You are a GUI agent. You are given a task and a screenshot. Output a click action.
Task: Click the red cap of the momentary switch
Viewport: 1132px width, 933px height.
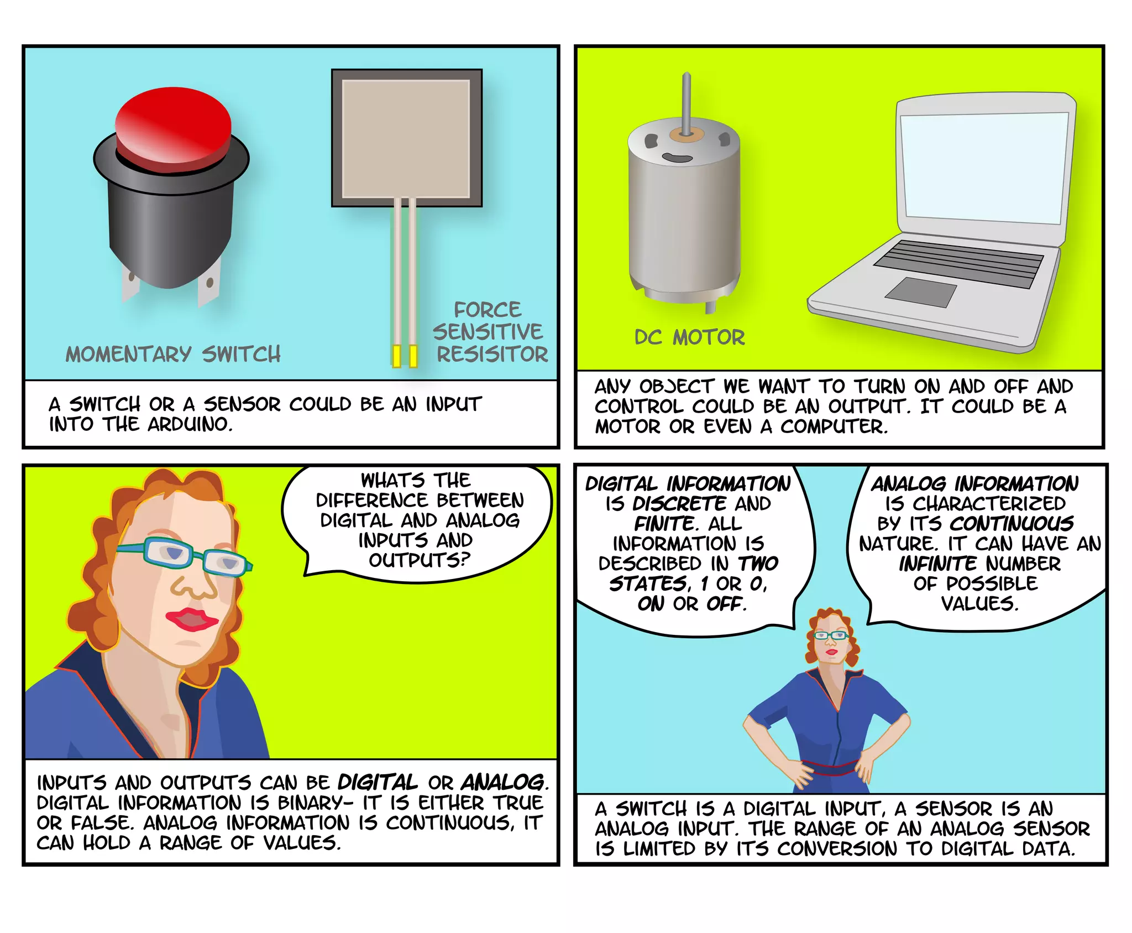pos(172,124)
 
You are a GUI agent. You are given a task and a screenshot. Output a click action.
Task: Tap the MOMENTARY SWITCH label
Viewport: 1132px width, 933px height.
pos(173,354)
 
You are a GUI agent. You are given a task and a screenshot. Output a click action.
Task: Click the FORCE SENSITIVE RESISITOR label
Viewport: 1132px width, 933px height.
pos(489,332)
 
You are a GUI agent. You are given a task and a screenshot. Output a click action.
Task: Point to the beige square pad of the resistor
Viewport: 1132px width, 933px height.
pos(406,138)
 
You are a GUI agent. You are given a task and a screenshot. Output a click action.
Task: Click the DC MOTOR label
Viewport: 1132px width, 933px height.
pos(689,337)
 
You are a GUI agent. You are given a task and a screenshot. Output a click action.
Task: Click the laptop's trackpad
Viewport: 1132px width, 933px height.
pos(921,292)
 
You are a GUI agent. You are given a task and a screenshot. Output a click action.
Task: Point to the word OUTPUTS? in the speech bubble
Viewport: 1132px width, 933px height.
pos(420,560)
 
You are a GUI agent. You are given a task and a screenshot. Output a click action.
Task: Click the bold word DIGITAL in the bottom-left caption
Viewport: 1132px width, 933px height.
pos(378,783)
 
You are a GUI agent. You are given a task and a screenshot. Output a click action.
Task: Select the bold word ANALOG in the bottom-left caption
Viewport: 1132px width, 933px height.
pos(503,783)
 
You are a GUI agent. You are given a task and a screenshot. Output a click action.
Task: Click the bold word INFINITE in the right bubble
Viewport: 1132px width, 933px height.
pos(937,564)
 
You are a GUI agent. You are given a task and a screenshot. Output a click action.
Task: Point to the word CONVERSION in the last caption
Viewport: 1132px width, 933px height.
pos(836,848)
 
